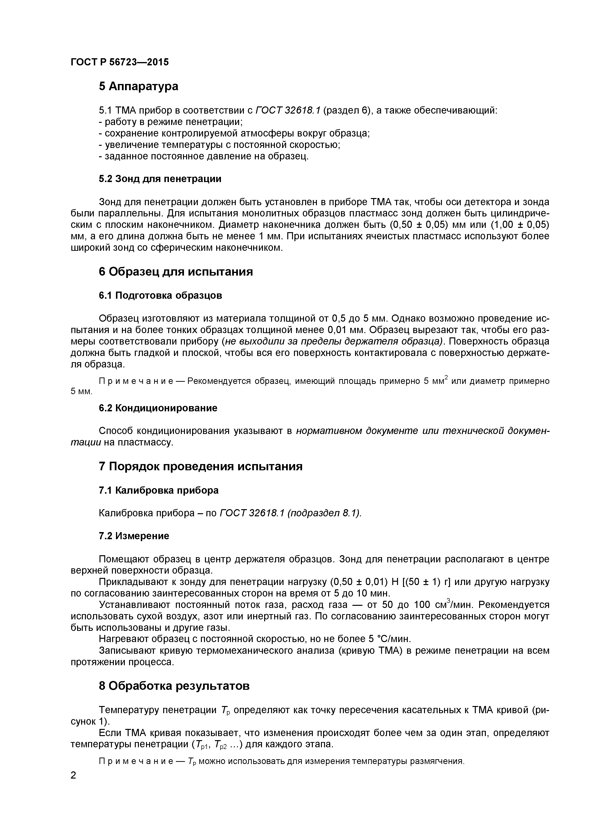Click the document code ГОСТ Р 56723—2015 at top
pyautogui.click(x=120, y=62)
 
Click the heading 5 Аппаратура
pyautogui.click(x=139, y=86)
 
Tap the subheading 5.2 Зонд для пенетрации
pyautogui.click(x=160, y=179)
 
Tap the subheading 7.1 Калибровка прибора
pyautogui.click(x=159, y=490)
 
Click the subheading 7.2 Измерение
pyautogui.click(x=134, y=536)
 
